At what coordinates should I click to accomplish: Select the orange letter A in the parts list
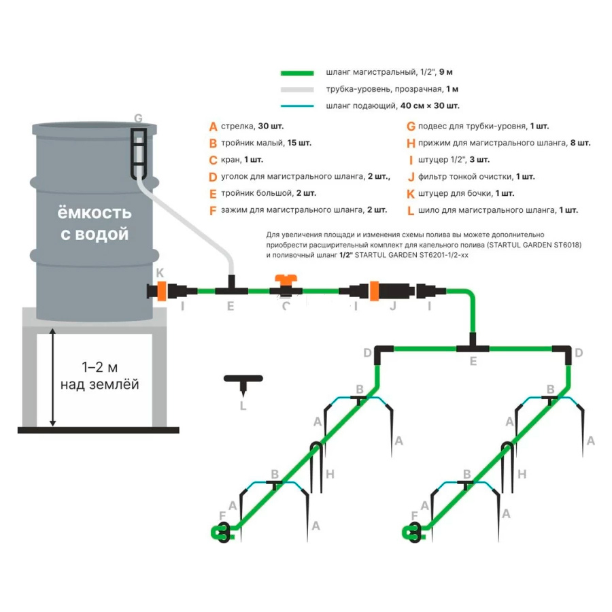(x=213, y=126)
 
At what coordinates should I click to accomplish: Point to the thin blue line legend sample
(x=297, y=106)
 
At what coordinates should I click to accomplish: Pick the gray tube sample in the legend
(x=297, y=89)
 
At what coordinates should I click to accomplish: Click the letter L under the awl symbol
(x=243, y=406)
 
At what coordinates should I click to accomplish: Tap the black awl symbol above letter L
(x=244, y=381)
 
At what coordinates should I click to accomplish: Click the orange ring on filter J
(x=374, y=290)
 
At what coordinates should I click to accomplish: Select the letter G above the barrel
(x=138, y=118)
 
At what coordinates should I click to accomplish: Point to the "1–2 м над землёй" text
(x=100, y=376)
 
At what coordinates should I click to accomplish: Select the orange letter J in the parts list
(x=411, y=177)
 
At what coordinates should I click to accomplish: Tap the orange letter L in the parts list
(x=411, y=210)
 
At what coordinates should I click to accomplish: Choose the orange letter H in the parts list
(x=411, y=143)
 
